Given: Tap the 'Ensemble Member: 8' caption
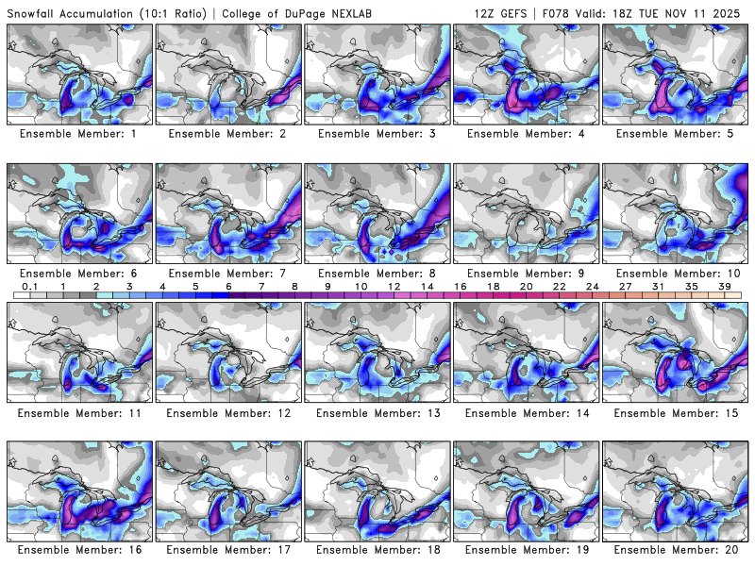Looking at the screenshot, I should [377, 274].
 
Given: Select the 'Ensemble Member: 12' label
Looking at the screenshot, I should [228, 413].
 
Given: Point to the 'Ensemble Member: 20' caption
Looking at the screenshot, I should [676, 550].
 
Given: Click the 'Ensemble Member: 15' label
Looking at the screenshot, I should [676, 413].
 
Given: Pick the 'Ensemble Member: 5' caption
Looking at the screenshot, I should [676, 135].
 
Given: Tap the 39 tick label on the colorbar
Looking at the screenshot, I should [724, 286].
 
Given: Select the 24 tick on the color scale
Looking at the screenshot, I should [592, 286].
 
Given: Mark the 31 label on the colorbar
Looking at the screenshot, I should [658, 286].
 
